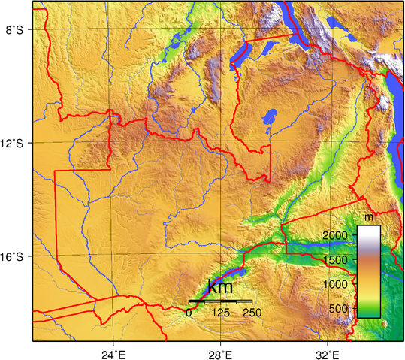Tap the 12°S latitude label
(15, 144)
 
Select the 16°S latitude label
(15, 257)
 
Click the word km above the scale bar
(219, 287)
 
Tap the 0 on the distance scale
(189, 313)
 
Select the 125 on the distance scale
(220, 313)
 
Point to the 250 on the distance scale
(252, 313)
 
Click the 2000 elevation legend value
(340, 236)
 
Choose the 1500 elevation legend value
(340, 260)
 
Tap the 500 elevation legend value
(343, 308)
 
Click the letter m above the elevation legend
(368, 217)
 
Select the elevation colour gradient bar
(368, 271)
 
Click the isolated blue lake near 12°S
(267, 118)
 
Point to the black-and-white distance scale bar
(219, 301)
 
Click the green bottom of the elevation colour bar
(368, 313)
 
